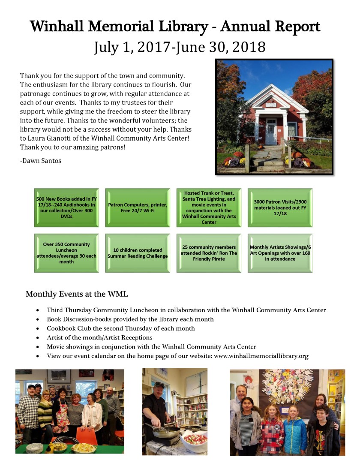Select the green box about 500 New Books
[66, 207]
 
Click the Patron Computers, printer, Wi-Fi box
[138, 207]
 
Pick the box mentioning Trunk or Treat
[209, 207]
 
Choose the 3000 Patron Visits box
[280, 207]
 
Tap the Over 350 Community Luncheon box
[66, 253]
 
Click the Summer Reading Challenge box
[138, 253]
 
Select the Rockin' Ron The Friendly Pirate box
[209, 253]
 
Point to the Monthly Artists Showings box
[280, 253]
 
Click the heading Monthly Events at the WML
[77, 294]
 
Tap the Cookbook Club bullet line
[120, 328]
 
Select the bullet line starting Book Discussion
[130, 319]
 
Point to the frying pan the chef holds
[165, 431]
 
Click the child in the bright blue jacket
[294, 433]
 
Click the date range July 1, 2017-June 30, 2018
[180, 46]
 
